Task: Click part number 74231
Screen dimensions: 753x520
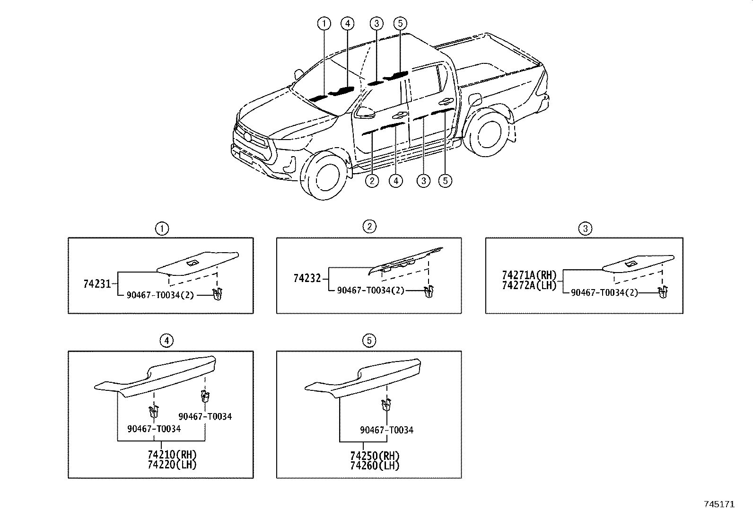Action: coord(97,284)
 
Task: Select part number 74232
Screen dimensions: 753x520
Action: coord(307,278)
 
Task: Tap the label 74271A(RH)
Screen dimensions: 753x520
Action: coord(529,275)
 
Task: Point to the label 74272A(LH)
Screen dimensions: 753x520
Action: coord(529,285)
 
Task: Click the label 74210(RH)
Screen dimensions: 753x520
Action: coord(172,455)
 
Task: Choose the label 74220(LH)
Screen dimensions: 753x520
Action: coord(172,465)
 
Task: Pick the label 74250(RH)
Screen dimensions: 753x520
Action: coord(375,456)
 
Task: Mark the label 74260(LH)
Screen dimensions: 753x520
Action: coord(375,466)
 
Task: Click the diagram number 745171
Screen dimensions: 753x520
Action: coord(719,504)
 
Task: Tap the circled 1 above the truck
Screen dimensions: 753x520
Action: coord(324,24)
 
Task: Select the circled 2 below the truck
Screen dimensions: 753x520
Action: coord(372,181)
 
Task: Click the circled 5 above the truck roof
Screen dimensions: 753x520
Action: coord(400,23)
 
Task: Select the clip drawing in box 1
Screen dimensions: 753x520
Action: coord(218,294)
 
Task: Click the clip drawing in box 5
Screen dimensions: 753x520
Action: coord(386,404)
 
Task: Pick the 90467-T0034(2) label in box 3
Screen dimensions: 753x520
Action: coord(604,292)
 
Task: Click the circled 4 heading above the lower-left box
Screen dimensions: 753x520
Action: coord(166,341)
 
